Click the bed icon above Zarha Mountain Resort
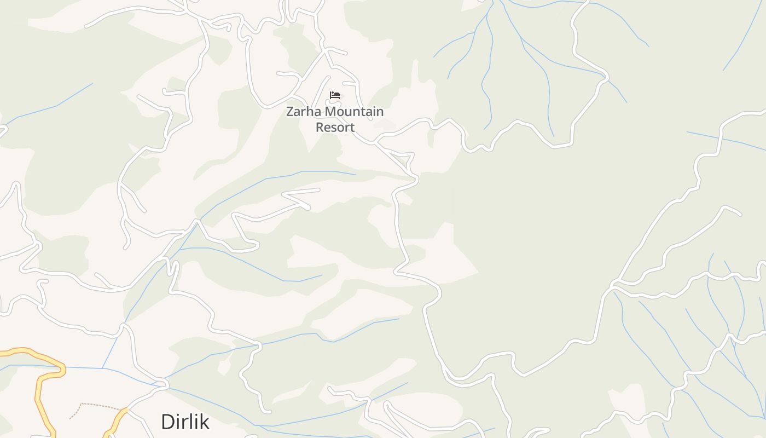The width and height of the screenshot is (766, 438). [335, 95]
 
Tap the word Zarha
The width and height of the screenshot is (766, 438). [304, 112]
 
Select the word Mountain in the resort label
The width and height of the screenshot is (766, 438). [354, 112]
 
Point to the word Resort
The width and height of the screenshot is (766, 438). [335, 128]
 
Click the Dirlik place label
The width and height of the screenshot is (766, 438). [185, 422]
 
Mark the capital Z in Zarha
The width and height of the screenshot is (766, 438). [291, 112]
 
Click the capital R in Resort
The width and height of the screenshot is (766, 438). [320, 128]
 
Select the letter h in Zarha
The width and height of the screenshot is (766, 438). [311, 112]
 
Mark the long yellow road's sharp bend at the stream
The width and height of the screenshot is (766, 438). [61, 369]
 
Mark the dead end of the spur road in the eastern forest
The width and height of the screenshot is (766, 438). [740, 215]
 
